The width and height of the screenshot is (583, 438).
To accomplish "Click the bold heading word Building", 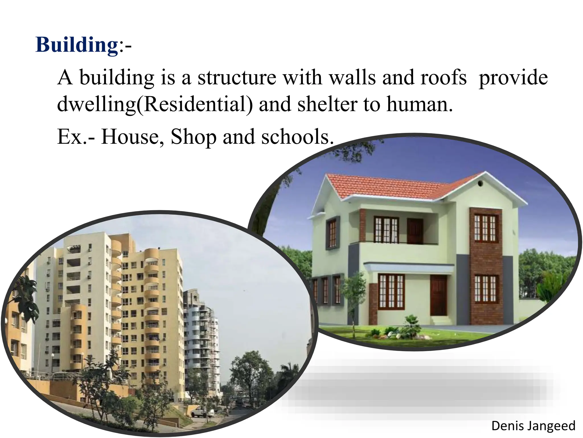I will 77,45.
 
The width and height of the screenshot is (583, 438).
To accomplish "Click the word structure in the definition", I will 237,78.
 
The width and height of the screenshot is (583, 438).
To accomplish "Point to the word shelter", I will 327,104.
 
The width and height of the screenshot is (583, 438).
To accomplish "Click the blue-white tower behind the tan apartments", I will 202,328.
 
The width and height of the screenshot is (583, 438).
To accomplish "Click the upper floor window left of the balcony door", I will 386,230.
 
